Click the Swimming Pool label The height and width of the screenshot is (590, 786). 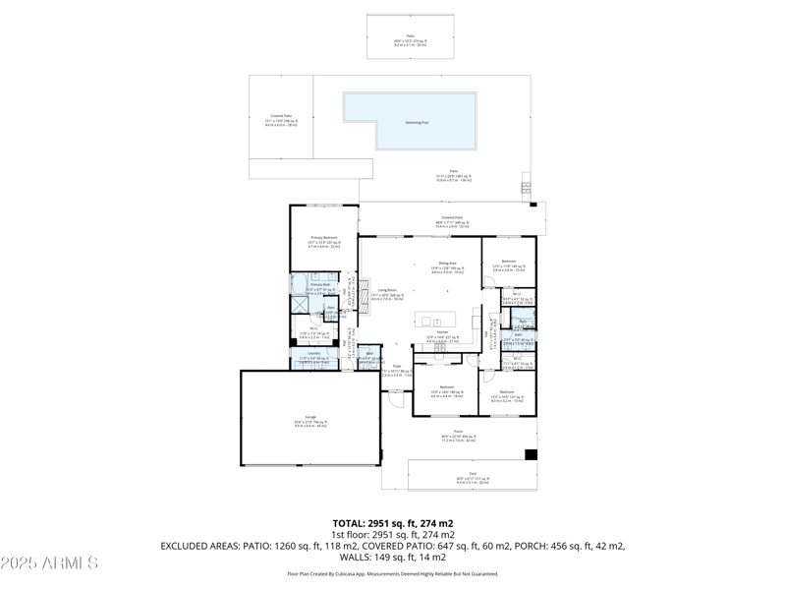418,123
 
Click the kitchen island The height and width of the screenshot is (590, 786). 435,321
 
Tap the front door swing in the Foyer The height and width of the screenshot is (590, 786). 396,397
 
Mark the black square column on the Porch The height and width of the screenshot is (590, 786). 532,455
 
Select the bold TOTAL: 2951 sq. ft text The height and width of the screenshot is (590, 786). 393,523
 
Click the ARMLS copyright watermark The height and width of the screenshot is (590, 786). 49,563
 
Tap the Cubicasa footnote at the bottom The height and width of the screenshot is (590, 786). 393,573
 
